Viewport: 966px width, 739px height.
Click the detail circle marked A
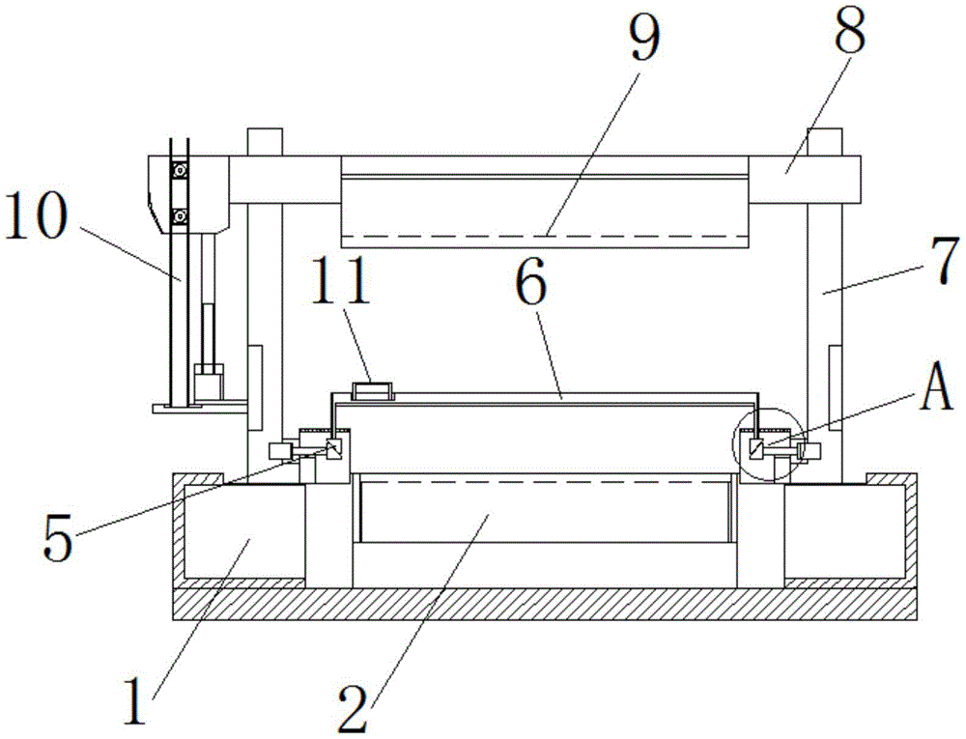[x=769, y=446]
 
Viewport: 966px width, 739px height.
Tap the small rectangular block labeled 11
[x=372, y=391]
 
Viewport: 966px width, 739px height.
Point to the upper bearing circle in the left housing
[x=180, y=171]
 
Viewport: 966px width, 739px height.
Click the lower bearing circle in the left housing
[x=180, y=214]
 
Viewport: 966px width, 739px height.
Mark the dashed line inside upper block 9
[x=545, y=236]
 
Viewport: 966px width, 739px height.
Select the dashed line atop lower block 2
[x=546, y=481]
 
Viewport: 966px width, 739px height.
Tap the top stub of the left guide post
[x=264, y=142]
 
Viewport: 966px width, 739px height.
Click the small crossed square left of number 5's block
[x=335, y=449]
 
